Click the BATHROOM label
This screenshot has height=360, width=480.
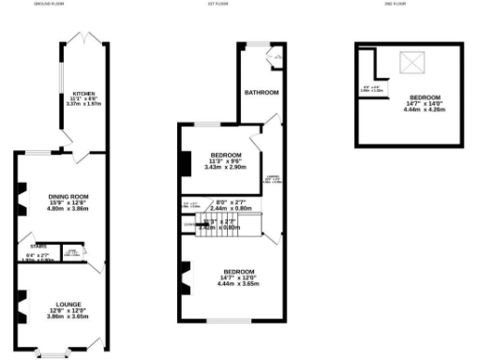click(260, 93)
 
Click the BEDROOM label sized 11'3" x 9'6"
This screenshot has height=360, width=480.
click(227, 155)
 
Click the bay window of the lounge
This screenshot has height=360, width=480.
click(52, 353)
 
